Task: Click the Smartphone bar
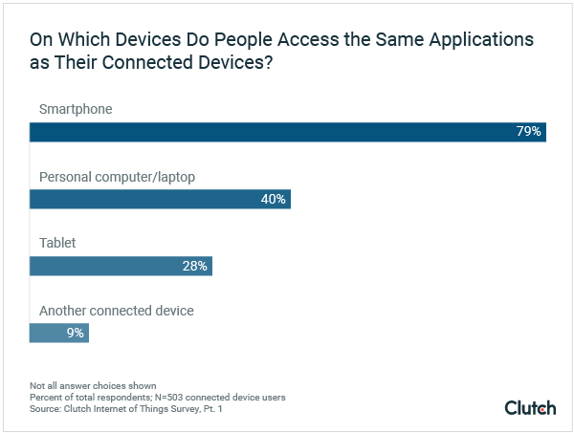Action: coord(287,132)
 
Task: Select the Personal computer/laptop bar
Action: coord(160,199)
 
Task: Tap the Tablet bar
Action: coord(121,266)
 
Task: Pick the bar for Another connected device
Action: coord(59,333)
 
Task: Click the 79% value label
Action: coord(529,132)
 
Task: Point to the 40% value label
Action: coord(274,199)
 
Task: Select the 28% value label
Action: coord(195,266)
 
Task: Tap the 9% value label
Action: coord(76,333)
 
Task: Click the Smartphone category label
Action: coord(76,109)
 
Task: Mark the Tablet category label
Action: coord(57,244)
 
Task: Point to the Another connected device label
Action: coord(116,311)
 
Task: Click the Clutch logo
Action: coord(530,408)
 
